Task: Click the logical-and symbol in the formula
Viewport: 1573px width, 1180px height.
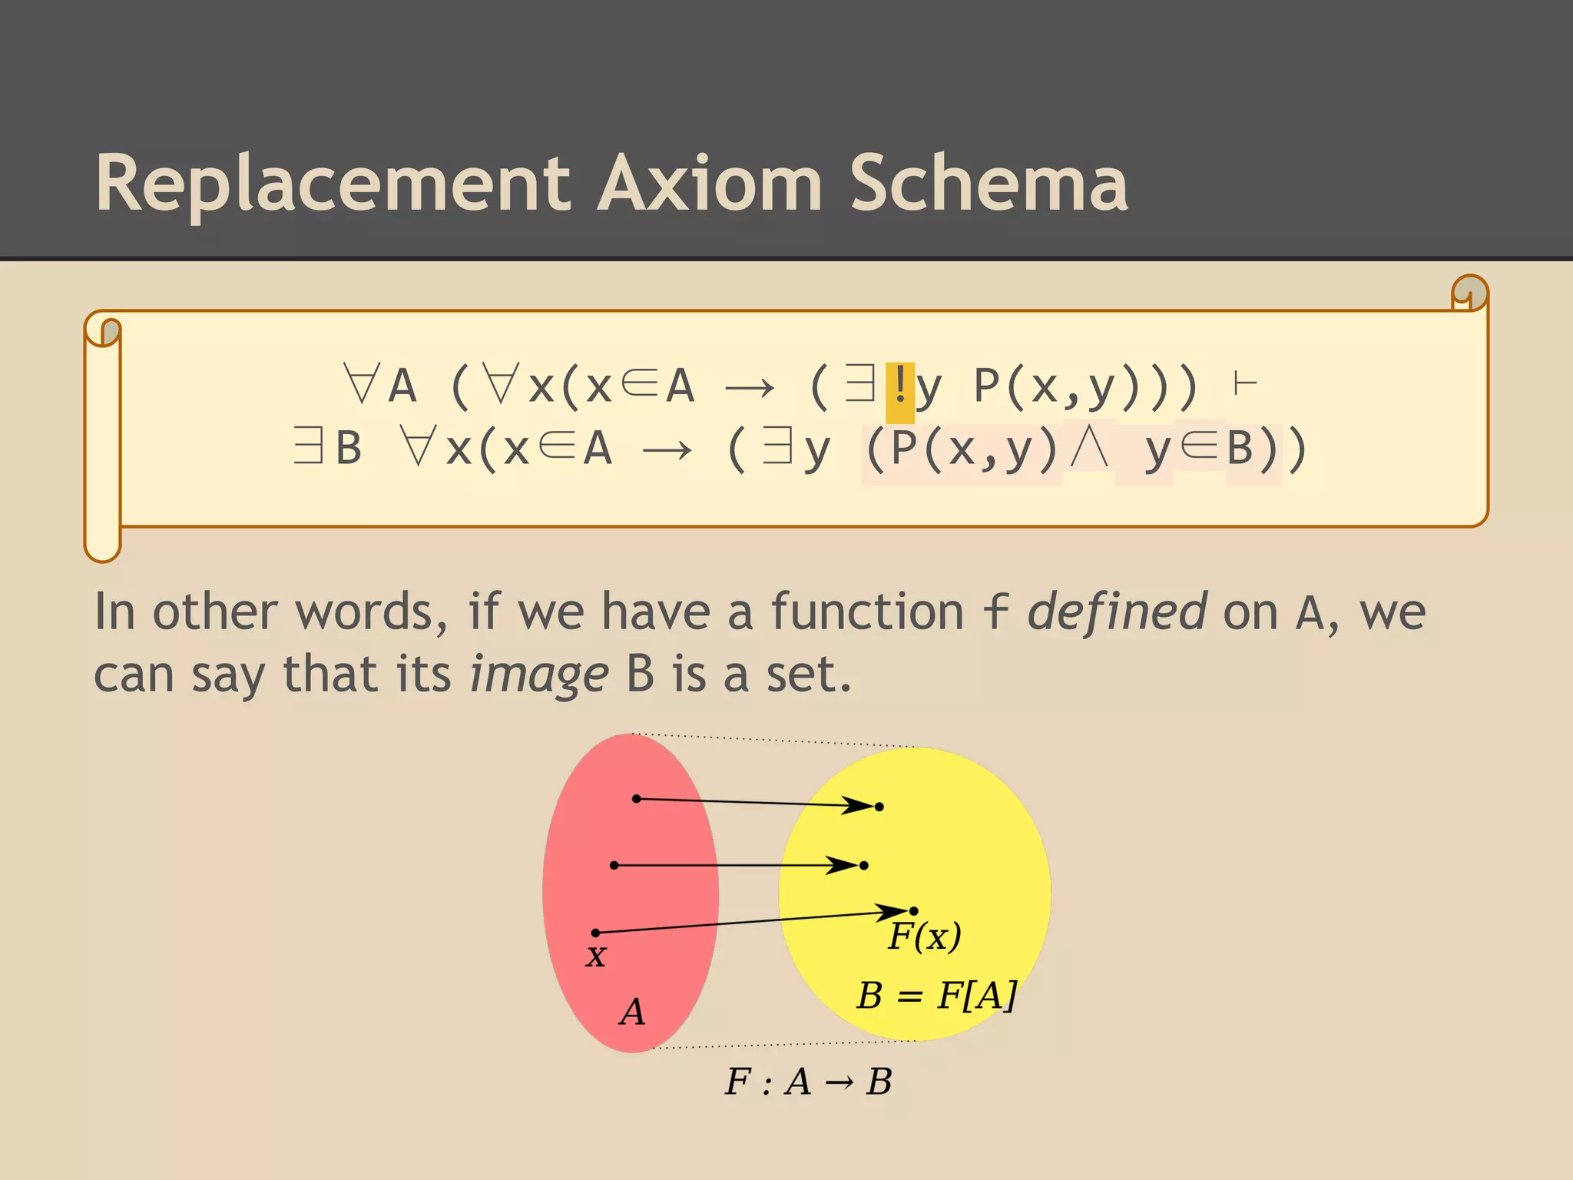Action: point(1088,449)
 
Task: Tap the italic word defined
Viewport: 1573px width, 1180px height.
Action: point(1117,612)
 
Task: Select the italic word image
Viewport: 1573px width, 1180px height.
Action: point(539,675)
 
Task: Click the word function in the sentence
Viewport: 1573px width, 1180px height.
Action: point(866,612)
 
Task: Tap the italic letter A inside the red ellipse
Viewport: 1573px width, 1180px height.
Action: point(632,1013)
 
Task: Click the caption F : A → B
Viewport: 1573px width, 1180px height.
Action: point(808,1082)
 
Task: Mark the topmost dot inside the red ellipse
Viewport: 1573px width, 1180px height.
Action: point(636,799)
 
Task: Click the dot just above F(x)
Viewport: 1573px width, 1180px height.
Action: point(914,911)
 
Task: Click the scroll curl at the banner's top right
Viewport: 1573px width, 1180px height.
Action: point(1470,293)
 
